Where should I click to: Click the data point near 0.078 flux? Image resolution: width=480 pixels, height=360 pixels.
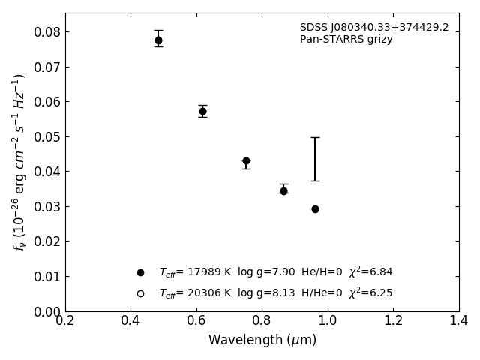[158, 40]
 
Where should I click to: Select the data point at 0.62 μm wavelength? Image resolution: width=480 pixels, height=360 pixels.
[202, 111]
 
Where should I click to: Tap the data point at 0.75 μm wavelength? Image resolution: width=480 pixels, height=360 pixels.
[246, 161]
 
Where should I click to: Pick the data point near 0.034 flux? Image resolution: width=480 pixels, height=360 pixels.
[283, 190]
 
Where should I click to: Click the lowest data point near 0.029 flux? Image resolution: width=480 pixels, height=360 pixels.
[315, 209]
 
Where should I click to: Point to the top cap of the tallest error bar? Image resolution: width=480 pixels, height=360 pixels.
[315, 138]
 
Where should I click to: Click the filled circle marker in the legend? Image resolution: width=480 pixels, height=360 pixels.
[140, 272]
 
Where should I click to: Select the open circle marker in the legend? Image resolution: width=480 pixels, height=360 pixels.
[140, 293]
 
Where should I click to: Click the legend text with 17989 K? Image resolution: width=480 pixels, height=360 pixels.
[275, 272]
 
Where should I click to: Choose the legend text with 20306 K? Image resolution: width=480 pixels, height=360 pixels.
[275, 293]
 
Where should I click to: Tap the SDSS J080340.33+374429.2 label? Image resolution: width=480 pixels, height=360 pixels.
[374, 28]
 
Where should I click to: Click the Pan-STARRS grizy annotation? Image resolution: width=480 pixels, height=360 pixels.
[346, 40]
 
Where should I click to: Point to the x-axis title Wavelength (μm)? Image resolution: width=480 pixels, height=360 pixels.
[262, 340]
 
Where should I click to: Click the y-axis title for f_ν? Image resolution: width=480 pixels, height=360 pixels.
[19, 162]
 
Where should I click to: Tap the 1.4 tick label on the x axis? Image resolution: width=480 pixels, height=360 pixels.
[459, 321]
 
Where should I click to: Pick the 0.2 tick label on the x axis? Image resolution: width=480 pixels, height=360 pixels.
[65, 321]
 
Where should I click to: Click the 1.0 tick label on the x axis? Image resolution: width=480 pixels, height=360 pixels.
[328, 321]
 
